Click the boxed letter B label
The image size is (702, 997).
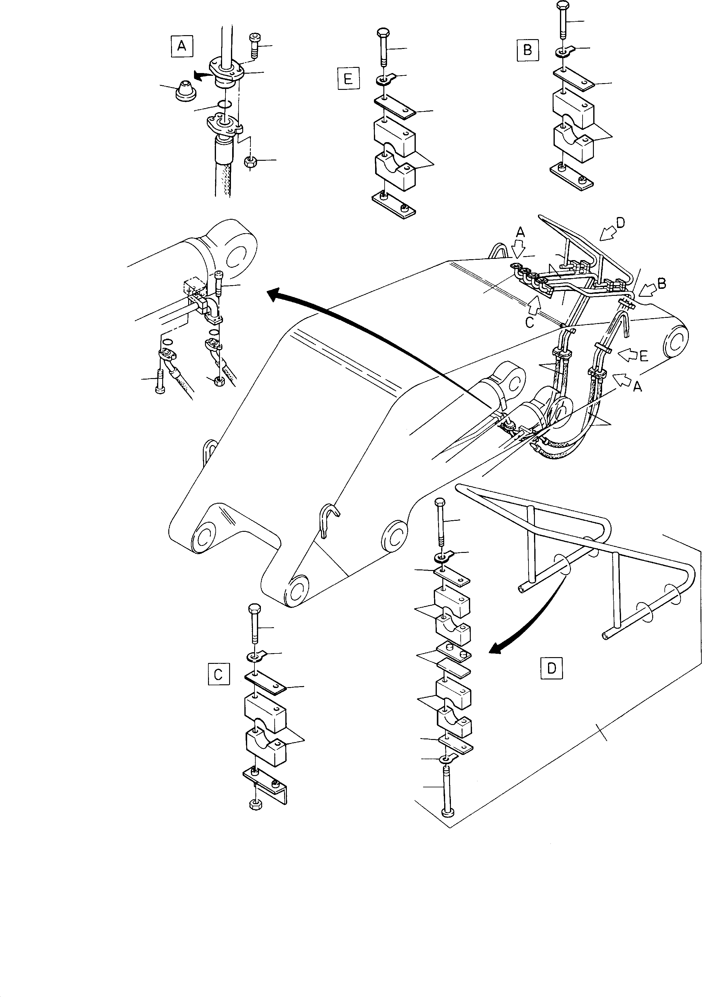pos(528,50)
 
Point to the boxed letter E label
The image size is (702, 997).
pos(348,79)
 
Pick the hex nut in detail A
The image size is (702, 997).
pos(250,162)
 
